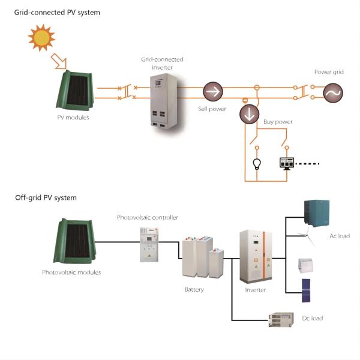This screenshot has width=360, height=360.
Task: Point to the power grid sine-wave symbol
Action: pos(331,92)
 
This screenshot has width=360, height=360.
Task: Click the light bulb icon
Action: pos(256,163)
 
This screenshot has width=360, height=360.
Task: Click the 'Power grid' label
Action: pos(329,72)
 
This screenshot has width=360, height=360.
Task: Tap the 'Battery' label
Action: pos(194,290)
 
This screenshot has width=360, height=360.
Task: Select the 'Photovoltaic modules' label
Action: pos(71,272)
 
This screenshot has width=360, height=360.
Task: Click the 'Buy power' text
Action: pos(278,122)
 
